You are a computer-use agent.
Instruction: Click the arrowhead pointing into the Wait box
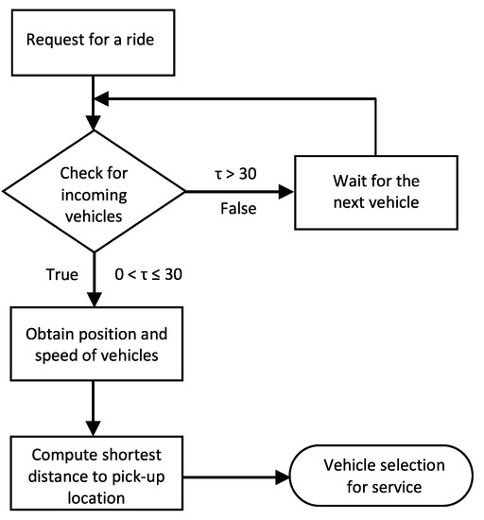pos(287,191)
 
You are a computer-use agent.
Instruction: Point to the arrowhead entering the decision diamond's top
pos(94,124)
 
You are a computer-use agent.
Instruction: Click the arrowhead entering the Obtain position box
pos(94,298)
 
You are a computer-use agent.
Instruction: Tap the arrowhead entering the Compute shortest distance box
pos(94,427)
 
